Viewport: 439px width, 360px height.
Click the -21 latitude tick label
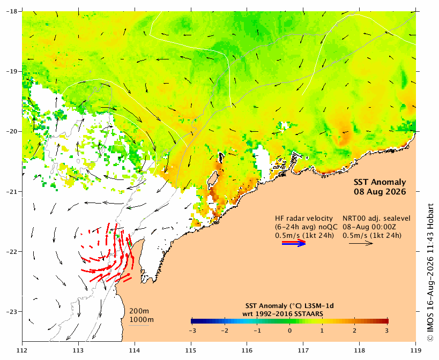(x=11, y=192)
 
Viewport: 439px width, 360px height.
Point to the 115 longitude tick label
(x=191, y=350)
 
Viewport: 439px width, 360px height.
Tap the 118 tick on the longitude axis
(x=360, y=350)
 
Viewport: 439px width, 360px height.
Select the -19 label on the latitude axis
(x=11, y=71)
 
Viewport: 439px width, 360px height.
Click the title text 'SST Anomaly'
(x=380, y=182)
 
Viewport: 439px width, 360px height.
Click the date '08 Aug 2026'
(x=380, y=192)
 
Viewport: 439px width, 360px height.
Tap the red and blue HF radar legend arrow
(x=294, y=243)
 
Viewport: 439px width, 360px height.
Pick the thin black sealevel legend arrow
(x=361, y=243)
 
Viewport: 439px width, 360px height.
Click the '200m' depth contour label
(x=139, y=311)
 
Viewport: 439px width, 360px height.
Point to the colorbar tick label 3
(x=387, y=331)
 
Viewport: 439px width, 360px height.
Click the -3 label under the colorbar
(x=192, y=331)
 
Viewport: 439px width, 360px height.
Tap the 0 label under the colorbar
(x=290, y=331)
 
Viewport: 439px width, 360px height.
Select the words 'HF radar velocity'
(x=304, y=219)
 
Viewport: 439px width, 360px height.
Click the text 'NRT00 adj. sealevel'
(x=377, y=219)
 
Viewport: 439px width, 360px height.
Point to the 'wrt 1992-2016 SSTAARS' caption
(x=283, y=314)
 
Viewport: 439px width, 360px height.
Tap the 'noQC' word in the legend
(x=330, y=227)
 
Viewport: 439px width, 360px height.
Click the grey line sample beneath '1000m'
(x=139, y=325)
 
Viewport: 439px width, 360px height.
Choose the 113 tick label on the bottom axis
(x=78, y=350)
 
